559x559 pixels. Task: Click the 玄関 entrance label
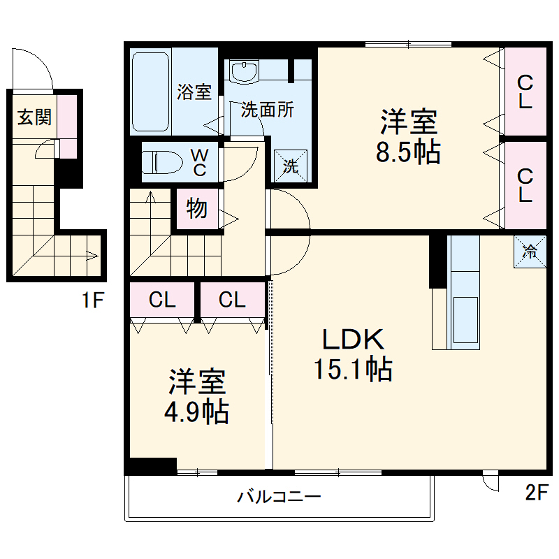(34, 117)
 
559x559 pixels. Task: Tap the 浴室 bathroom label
(194, 92)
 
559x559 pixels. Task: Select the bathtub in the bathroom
(151, 91)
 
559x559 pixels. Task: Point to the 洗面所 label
(268, 110)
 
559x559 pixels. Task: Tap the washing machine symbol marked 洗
(289, 166)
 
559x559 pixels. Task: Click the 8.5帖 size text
(409, 153)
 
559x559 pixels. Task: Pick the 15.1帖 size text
(352, 368)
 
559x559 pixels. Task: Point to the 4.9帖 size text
(196, 412)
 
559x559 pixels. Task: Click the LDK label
(353, 340)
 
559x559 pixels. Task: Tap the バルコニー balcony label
(279, 497)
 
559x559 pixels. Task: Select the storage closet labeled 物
(196, 209)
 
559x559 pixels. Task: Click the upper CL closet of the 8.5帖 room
(525, 92)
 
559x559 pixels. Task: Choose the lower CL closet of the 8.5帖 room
(525, 185)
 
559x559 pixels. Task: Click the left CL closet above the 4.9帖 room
(161, 300)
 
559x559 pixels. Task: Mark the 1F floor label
(92, 302)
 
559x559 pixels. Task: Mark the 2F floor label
(535, 493)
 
